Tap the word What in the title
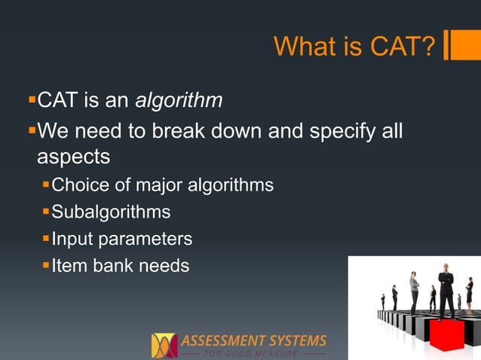[x=304, y=47]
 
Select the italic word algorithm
[x=183, y=100]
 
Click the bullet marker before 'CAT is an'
[x=31, y=99]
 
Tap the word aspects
[x=74, y=157]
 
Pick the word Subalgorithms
[x=111, y=212]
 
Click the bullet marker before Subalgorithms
[x=46, y=212]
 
